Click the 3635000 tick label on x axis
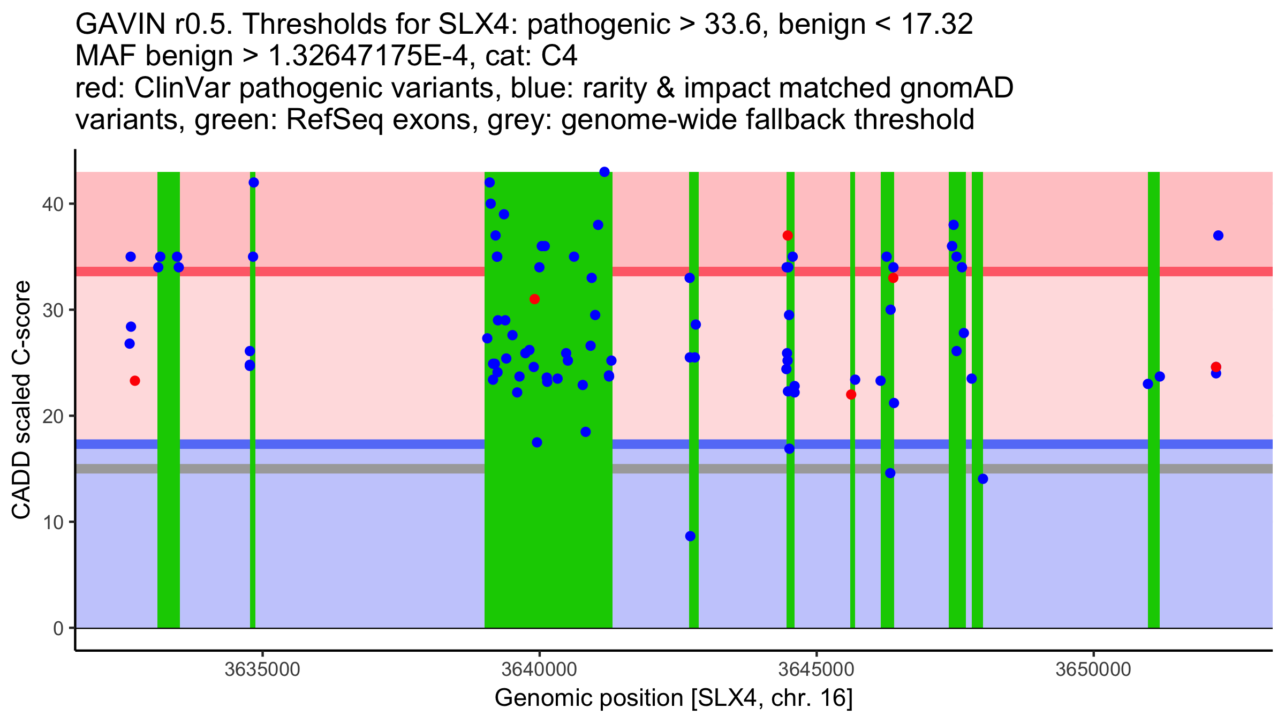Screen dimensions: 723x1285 pos(262,669)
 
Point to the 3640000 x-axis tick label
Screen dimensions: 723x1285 pos(539,669)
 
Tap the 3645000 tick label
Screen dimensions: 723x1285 pos(817,669)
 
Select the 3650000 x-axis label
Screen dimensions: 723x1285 pos(1093,669)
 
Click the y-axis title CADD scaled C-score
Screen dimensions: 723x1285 pos(21,401)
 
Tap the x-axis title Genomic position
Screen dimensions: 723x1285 pos(674,698)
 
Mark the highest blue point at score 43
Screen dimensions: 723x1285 pos(604,172)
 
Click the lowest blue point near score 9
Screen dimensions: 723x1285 pos(690,536)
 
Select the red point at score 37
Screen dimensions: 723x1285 pos(787,236)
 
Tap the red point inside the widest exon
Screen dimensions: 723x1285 pos(534,299)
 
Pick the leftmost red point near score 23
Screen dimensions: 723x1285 pos(135,381)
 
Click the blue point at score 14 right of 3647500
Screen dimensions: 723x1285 pos(983,479)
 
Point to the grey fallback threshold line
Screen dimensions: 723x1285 pos(321,469)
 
